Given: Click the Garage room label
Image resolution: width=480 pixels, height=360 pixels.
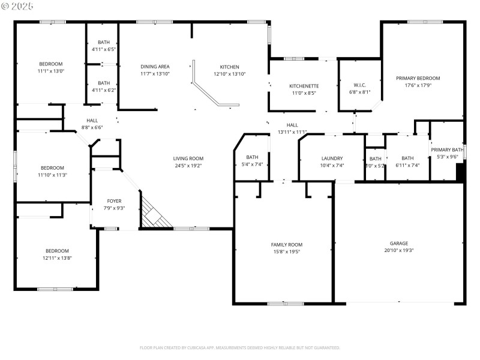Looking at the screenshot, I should (x=399, y=244).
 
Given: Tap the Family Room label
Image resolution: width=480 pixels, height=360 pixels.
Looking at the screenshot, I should (x=287, y=244).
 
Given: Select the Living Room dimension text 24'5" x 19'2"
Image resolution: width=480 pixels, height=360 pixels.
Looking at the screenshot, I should (x=188, y=166).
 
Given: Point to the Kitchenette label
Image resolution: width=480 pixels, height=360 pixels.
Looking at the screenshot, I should (x=304, y=86).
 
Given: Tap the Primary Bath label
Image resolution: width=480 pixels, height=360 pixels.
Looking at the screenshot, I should (x=447, y=149).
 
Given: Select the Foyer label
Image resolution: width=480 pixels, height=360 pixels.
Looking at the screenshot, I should (x=114, y=201).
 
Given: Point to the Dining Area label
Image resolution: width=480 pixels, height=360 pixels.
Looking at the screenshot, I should (x=155, y=67).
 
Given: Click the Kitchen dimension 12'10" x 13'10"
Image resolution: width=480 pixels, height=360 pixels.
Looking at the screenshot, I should (x=229, y=74).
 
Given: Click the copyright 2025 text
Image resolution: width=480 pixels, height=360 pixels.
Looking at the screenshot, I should (x=17, y=6).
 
